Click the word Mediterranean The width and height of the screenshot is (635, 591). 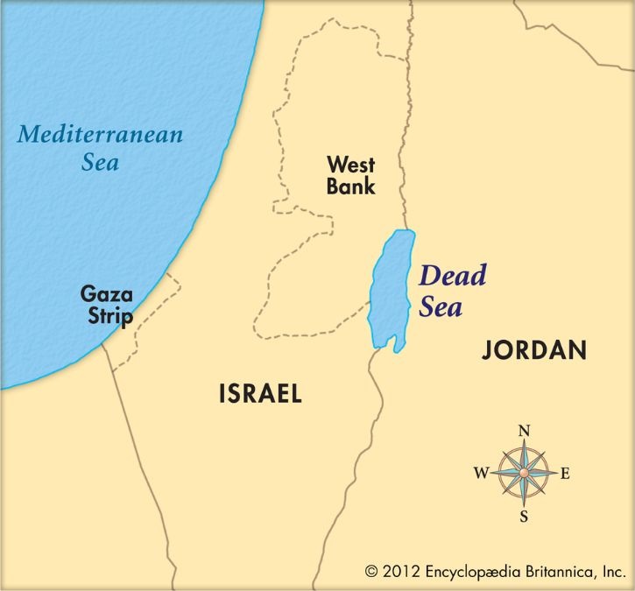pos(100,135)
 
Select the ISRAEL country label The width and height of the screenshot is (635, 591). pos(260,394)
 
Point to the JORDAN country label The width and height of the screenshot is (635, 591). pos(533,351)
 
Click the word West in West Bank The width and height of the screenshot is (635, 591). pos(350,164)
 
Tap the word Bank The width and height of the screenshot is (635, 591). pos(350,186)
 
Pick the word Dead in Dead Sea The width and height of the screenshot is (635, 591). pos(452,277)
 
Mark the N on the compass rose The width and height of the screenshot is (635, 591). pos(525,431)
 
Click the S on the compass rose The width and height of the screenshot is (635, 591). pos(524,516)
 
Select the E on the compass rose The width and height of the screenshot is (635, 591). pos(565,474)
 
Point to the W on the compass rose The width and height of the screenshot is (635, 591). pos(481,474)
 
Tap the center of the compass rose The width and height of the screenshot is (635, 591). pos(524,473)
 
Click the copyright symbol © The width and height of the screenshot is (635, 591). pos(373,572)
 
